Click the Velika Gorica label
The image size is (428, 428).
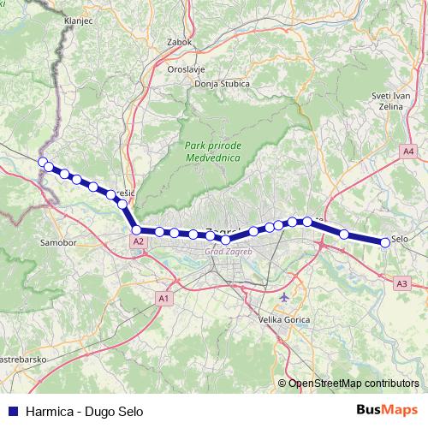point(283,319)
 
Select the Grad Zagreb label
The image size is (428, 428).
point(224,252)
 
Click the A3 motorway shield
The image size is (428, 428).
point(402,282)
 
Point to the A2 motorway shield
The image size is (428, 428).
point(138,242)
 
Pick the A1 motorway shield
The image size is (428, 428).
point(163,297)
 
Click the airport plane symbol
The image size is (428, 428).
point(284,297)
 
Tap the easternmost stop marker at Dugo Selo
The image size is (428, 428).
point(384,242)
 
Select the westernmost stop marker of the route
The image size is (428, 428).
point(42,161)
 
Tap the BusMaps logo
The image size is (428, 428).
point(387,409)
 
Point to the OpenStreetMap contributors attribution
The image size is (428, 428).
point(353,383)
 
